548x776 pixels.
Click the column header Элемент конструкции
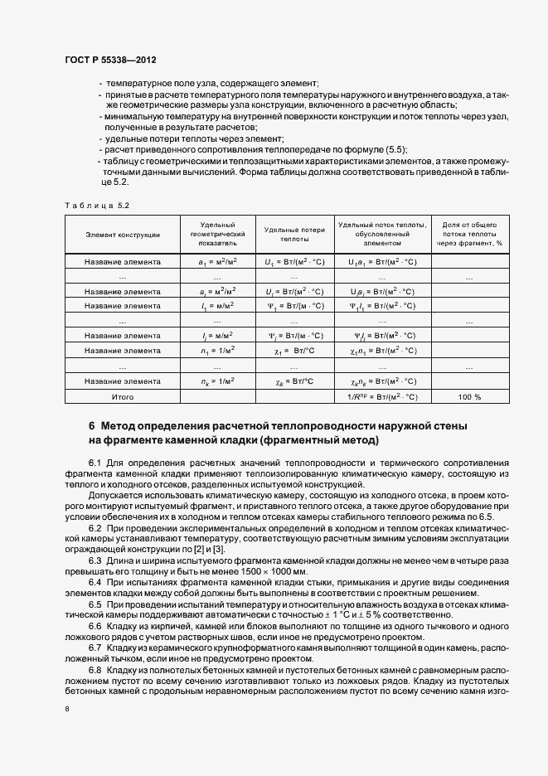point(123,235)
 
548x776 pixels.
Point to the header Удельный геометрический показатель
point(217,235)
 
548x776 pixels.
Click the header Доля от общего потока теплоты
point(468,235)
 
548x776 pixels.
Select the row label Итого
point(123,397)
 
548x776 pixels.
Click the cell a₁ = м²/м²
point(217,262)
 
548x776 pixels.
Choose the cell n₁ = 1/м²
point(217,351)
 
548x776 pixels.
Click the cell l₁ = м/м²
point(217,306)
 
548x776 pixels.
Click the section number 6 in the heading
point(92,426)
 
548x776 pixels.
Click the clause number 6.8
point(95,669)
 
